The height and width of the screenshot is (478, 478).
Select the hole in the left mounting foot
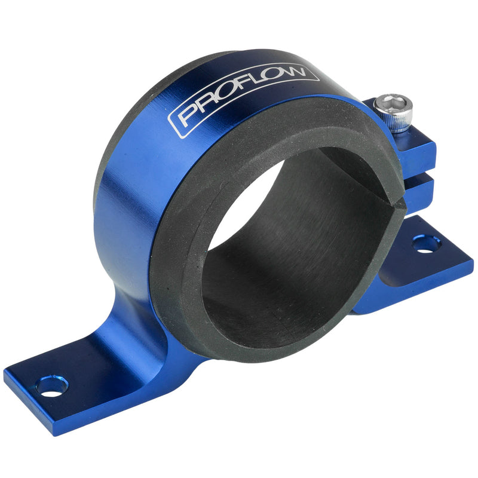point(51,386)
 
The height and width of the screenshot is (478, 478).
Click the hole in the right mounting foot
point(426,243)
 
